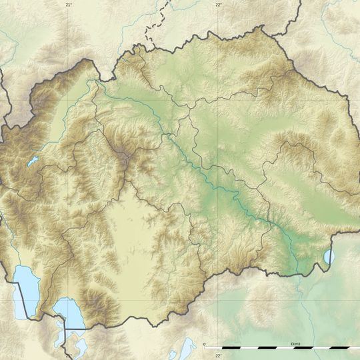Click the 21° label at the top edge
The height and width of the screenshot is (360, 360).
tap(68, 4)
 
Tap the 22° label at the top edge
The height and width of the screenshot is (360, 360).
tap(219, 4)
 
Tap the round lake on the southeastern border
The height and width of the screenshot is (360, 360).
tap(329, 256)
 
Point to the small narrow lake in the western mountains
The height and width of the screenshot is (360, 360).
tap(32, 161)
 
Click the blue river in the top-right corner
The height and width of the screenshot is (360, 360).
tap(333, 13)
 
